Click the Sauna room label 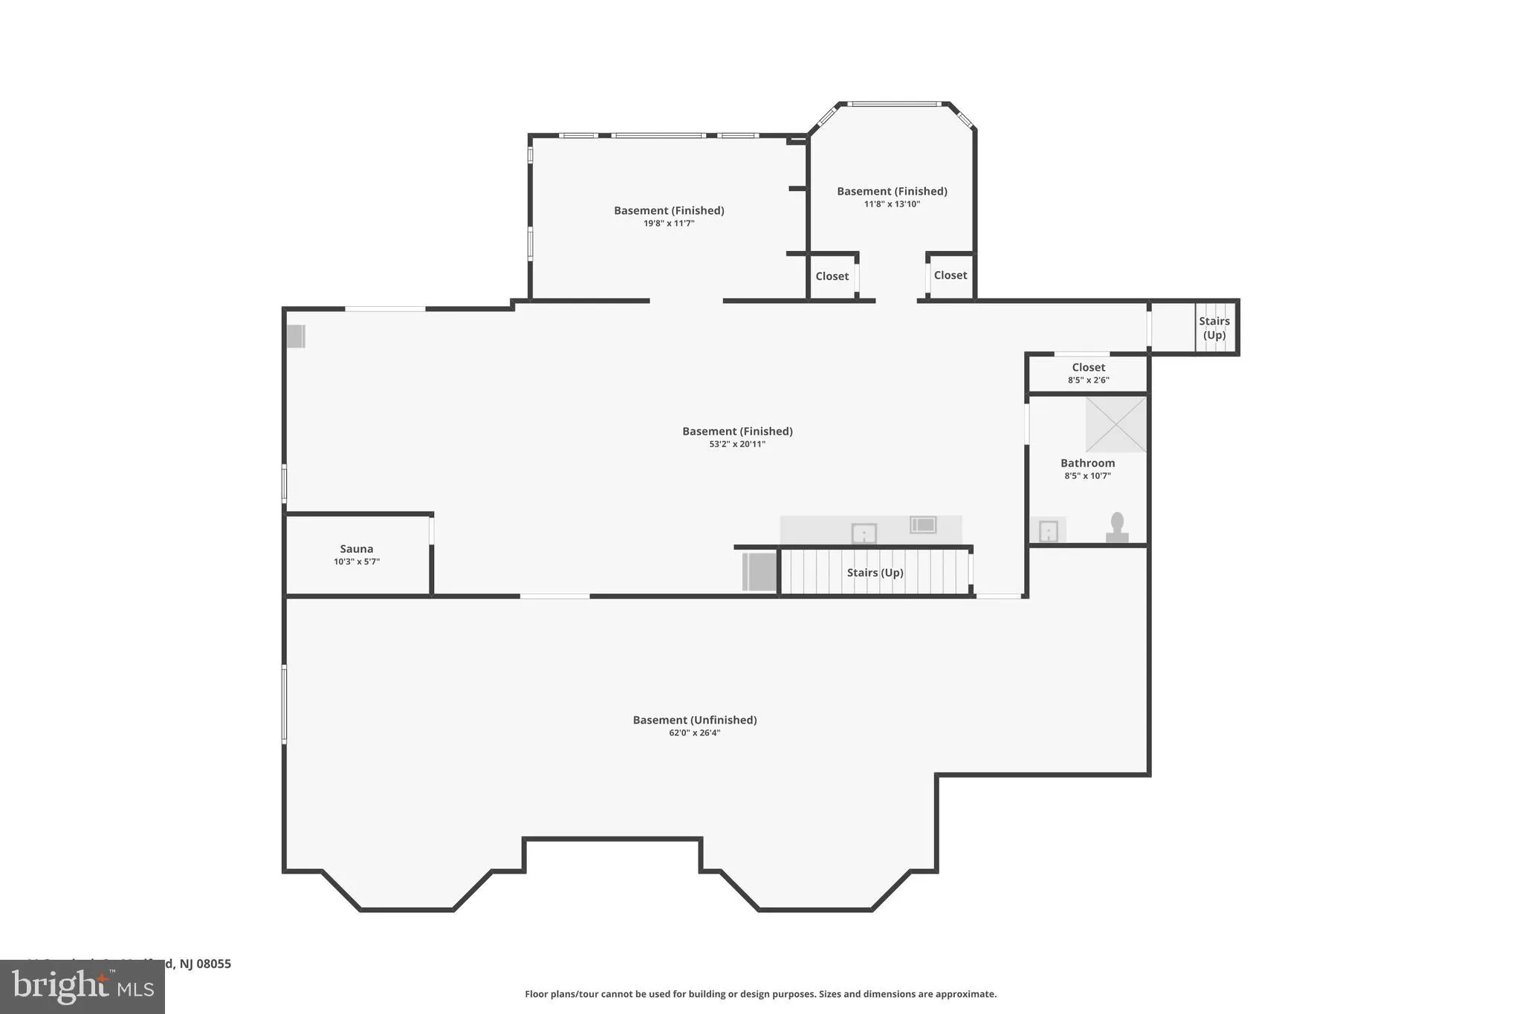click(x=356, y=549)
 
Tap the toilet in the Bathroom click(x=1116, y=527)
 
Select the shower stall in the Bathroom click(x=1115, y=424)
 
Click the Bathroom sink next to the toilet click(x=1048, y=531)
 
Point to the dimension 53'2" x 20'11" click(x=736, y=444)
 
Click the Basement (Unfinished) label click(x=694, y=720)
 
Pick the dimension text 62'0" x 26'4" click(x=694, y=733)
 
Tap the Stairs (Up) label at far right click(x=1214, y=328)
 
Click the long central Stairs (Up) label click(x=875, y=573)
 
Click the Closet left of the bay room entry click(x=832, y=276)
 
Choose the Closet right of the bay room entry click(x=950, y=276)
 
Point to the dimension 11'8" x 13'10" click(x=892, y=204)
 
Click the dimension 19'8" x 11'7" click(x=668, y=224)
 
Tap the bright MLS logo click(x=82, y=987)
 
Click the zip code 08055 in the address click(x=214, y=964)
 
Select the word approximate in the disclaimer click(x=965, y=994)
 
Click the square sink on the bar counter click(x=864, y=533)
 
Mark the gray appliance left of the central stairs click(x=760, y=572)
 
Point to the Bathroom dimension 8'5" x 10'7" click(x=1087, y=476)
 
